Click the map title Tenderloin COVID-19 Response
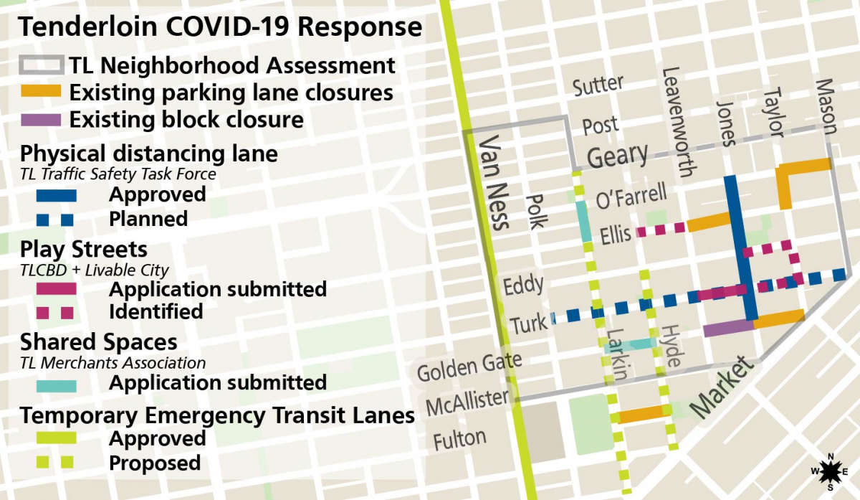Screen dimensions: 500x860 [219, 27]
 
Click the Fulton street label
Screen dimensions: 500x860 [460, 438]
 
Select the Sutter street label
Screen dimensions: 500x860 [598, 85]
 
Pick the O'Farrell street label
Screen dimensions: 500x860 [631, 197]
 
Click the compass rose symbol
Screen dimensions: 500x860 [830, 471]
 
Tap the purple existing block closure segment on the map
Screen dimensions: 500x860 [728, 329]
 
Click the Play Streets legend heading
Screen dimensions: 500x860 [84, 250]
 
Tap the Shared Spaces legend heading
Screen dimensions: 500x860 [98, 341]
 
